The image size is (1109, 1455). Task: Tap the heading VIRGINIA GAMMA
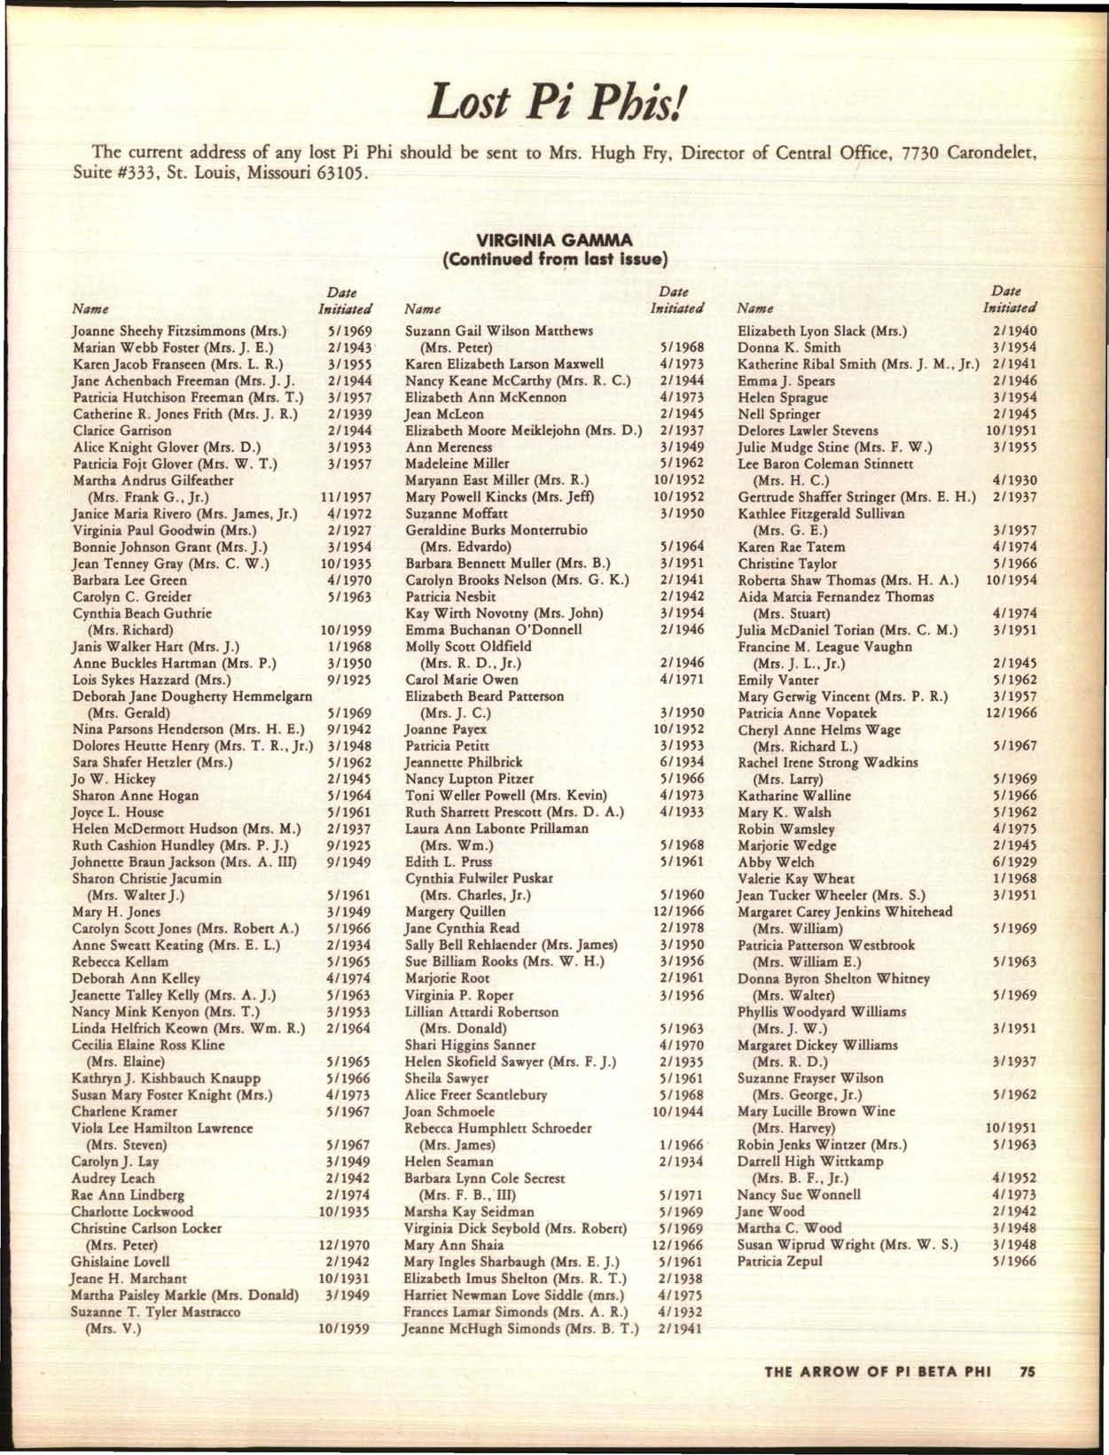click(554, 240)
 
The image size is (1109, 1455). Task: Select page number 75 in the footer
click(1027, 1372)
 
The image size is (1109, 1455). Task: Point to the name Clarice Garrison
click(122, 431)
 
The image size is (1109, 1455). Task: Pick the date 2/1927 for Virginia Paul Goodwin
click(345, 531)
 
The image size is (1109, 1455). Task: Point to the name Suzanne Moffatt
click(449, 514)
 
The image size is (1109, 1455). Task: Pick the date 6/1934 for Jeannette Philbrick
click(682, 762)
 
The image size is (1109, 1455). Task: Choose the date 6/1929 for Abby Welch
click(1015, 862)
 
